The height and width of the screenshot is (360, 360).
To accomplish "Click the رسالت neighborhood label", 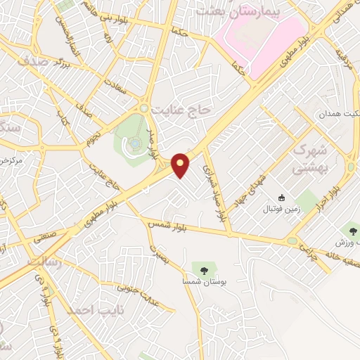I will click(44, 262).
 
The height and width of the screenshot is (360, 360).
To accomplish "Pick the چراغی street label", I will click(308, 247).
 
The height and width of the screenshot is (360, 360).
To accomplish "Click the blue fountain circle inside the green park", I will click(134, 144).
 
